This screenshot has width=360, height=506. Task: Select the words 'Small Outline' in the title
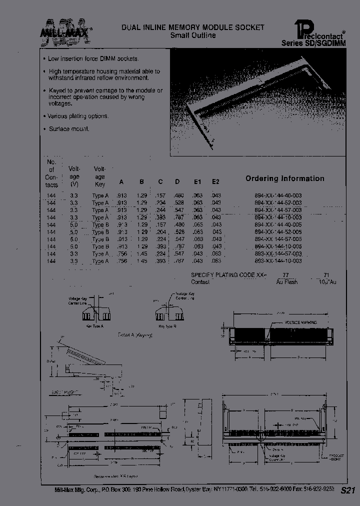192,36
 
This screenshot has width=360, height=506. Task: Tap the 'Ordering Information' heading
284,178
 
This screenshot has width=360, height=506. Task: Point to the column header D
177,182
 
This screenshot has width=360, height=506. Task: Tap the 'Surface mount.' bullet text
68,129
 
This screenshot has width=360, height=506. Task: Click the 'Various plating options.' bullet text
77,116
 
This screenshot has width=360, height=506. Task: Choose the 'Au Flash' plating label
286,282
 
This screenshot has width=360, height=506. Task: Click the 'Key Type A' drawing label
94,325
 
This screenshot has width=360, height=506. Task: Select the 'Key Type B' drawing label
167,325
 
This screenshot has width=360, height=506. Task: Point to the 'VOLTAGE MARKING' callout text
299,323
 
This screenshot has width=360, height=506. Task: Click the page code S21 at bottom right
347,491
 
